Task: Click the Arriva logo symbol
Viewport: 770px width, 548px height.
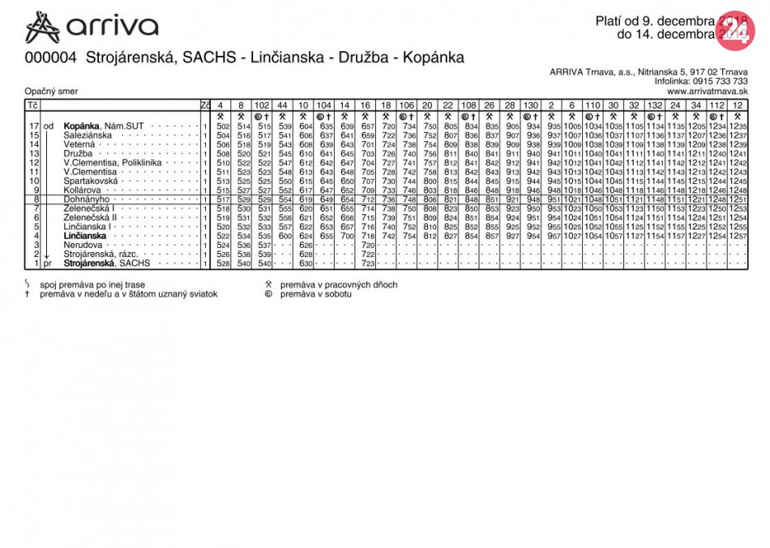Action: click(43, 27)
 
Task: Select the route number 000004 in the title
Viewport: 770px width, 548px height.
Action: click(51, 58)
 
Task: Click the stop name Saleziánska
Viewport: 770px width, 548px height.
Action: click(90, 135)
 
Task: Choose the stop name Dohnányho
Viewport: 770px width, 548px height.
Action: click(87, 199)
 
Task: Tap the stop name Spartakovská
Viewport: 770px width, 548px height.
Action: click(92, 181)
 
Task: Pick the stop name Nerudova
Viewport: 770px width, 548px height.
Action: click(82, 245)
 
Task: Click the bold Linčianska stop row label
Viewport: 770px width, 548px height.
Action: click(84, 236)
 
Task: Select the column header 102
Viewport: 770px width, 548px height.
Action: click(263, 105)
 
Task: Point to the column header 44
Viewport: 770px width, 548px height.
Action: click(282, 105)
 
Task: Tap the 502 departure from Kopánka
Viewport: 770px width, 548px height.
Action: click(224, 126)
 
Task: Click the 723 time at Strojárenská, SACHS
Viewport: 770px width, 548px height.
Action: click(367, 263)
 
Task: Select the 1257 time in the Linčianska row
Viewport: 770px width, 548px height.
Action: click(738, 236)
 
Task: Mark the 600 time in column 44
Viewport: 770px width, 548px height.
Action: click(284, 236)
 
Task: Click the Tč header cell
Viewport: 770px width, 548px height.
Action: click(32, 105)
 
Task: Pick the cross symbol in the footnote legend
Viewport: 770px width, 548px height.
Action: click(27, 294)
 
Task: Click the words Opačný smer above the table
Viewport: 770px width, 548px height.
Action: click(49, 92)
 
